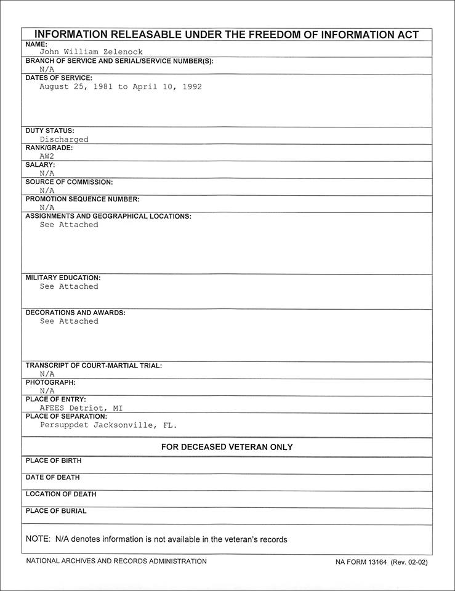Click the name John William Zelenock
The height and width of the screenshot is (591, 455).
click(91, 52)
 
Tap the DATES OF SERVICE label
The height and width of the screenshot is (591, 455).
click(58, 78)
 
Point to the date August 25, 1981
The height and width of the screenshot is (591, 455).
click(76, 87)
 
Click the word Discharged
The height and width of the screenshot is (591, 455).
click(64, 139)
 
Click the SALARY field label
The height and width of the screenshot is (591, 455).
click(40, 165)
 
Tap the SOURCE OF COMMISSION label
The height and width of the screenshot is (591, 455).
click(69, 182)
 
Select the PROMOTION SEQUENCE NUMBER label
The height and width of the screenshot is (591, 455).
click(82, 199)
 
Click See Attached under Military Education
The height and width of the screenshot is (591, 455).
click(69, 286)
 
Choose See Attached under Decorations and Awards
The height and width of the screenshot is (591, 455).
click(69, 321)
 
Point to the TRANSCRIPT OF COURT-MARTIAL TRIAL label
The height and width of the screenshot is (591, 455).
click(94, 366)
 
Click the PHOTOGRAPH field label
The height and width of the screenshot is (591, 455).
click(50, 382)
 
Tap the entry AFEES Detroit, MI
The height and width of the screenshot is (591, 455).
click(81, 408)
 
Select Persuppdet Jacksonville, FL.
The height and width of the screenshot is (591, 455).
click(108, 425)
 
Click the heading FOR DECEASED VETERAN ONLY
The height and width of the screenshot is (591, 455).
click(227, 447)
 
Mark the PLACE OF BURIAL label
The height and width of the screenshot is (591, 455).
click(56, 511)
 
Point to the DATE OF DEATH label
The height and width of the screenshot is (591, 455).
click(52, 477)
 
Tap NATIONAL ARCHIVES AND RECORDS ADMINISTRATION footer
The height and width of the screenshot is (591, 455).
click(116, 561)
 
